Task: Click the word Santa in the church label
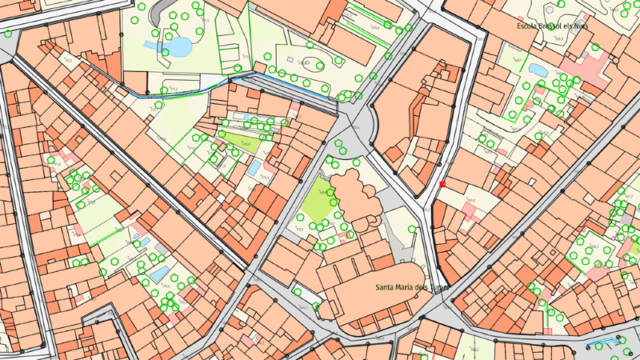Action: coord(388,286)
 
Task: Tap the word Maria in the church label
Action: coord(410,286)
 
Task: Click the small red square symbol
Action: coord(442,184)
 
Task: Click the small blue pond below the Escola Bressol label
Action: coord(538,70)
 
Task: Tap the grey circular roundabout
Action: coord(358,126)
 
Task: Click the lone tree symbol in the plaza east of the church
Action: coord(412,229)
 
